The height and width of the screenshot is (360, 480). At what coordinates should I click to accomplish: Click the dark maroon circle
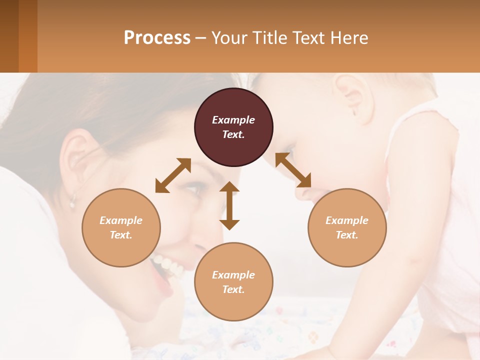point(233,127)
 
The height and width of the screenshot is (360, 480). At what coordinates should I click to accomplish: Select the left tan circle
point(121,227)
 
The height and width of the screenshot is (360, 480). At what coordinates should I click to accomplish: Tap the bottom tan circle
point(233,282)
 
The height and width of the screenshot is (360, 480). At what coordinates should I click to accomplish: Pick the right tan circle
point(347,227)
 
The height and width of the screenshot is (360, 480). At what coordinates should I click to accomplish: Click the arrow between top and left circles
point(173,175)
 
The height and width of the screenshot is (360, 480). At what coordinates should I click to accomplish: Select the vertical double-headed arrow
point(229,205)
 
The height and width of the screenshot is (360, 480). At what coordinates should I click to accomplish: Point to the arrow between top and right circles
point(293,169)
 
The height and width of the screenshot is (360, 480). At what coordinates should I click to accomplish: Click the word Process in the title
point(157,37)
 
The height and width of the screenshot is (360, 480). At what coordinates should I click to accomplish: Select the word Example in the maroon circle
point(233,120)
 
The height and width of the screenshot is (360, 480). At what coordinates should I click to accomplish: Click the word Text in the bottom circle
point(232,289)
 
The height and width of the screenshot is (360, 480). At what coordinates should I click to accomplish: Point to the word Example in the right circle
point(347,220)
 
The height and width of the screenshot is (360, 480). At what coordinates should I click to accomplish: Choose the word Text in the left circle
point(120,235)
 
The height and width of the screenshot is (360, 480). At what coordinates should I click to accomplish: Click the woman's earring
point(72,202)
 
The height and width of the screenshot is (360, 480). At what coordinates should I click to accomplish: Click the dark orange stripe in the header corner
point(28,36)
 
